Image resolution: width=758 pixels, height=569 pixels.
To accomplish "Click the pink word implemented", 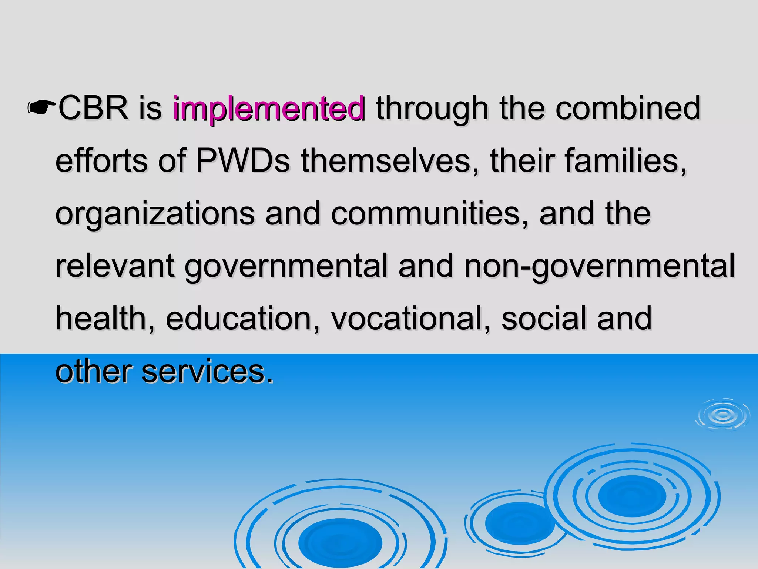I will [269, 109].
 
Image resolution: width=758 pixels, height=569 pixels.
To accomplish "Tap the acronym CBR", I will [93, 108].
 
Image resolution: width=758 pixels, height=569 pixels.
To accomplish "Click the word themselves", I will [386, 161].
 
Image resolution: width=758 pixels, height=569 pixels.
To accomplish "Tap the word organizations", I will [155, 214].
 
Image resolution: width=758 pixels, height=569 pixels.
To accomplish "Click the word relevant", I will [115, 266].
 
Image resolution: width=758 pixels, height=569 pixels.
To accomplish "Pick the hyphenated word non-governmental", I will [599, 266].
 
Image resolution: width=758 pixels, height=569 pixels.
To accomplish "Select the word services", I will [207, 372].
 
